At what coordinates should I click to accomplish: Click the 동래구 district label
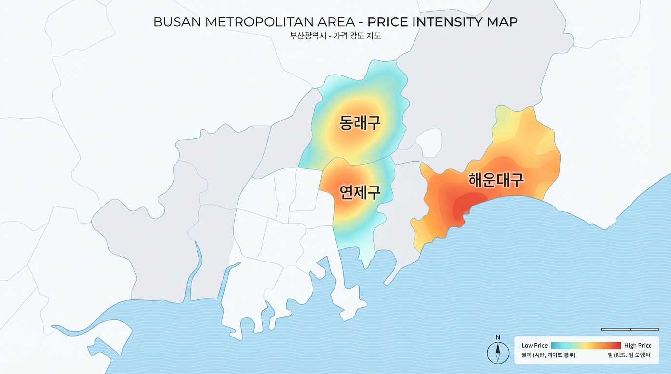coord(360,122)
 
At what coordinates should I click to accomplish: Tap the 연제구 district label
coord(360,192)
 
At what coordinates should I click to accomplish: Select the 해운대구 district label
coord(496,180)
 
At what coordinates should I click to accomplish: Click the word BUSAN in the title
coord(175,22)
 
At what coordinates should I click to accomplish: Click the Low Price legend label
coord(534,345)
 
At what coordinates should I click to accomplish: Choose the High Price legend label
coord(638,345)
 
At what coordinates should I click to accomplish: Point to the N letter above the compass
coord(498,337)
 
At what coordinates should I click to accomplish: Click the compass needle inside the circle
coord(498,352)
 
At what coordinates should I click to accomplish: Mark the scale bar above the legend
coord(630,330)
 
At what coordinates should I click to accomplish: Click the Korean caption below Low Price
coord(548,355)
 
